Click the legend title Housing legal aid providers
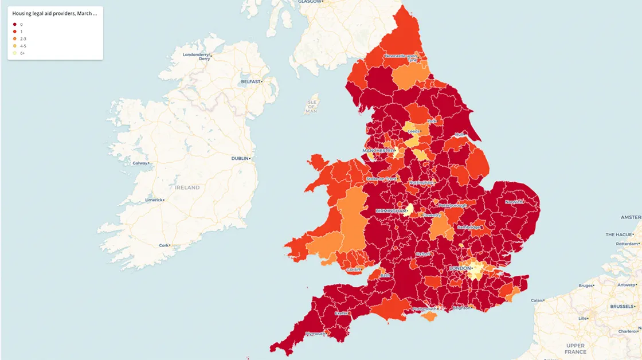coord(54,13)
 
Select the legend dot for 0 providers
coord(14,25)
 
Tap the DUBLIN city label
coord(240,158)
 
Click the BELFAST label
coord(250,82)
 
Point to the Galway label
coord(139,163)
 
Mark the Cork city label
coord(164,245)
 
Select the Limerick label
coord(153,200)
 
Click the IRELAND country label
coord(187,187)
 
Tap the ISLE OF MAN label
coord(311,107)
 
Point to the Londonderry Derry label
coord(196,56)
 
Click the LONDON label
coord(460,268)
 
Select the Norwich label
coord(514,202)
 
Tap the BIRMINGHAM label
coord(390,211)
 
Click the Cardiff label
coord(353,269)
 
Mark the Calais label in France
coord(537,300)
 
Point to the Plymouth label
coord(315,334)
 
